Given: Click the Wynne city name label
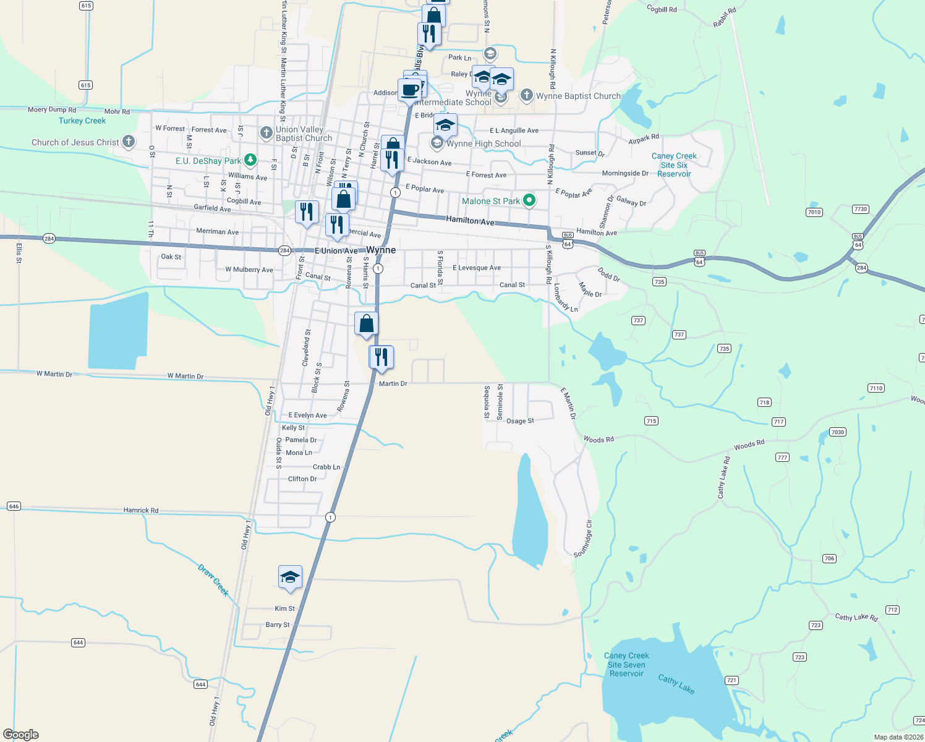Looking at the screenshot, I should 381,250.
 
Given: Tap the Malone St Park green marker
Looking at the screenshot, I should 529,200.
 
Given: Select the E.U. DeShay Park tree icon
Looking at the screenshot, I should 250,160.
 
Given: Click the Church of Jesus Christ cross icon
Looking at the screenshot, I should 129,142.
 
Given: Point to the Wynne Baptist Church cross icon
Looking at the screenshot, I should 526,95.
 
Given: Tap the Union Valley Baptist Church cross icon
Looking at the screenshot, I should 266,132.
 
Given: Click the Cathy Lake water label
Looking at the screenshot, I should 676,684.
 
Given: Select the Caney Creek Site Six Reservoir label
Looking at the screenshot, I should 674,165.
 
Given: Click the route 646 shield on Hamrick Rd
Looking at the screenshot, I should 14,506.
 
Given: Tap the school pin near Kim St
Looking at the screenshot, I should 290,578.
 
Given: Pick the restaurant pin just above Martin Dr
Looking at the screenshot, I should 382,357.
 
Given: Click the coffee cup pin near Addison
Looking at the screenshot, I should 409,90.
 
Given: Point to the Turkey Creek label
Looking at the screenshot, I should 82,121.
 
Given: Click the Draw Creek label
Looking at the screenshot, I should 214,579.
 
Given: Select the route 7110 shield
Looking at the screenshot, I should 876,388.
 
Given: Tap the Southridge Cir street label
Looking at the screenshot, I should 583,539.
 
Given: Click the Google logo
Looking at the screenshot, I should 21,734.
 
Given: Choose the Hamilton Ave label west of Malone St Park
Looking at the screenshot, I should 470,220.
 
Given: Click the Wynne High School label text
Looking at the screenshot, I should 484,143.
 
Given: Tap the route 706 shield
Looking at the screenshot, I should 829,558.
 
